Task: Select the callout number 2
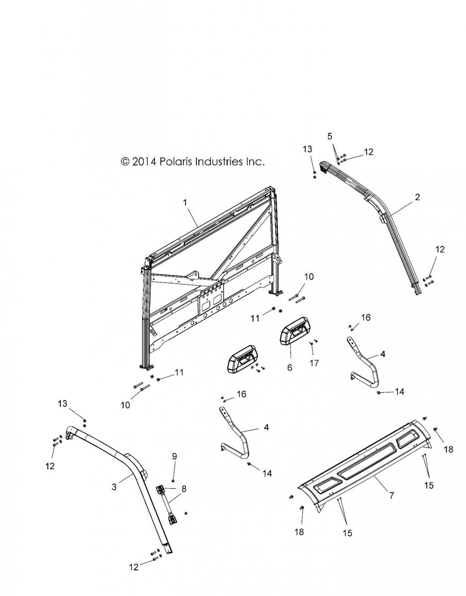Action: (x=417, y=198)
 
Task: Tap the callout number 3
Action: (x=114, y=487)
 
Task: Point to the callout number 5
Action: (x=329, y=136)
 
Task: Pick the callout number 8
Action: (x=184, y=488)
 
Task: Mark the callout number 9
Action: (x=174, y=456)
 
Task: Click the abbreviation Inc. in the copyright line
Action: (x=252, y=161)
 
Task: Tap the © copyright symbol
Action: (x=125, y=162)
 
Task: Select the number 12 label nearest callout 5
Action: (x=368, y=152)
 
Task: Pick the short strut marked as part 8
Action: (x=167, y=503)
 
